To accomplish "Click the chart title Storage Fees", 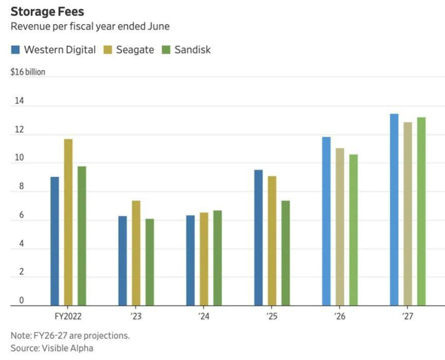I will [47, 11].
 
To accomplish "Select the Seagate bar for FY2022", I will [68, 222].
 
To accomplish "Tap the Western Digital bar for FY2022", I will [54, 241].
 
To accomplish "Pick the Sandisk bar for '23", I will [150, 262].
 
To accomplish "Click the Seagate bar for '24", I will [204, 259].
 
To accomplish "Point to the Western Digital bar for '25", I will [259, 238].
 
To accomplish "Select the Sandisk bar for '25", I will [285, 253].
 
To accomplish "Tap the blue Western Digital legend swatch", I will [15, 49].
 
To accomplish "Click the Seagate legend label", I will [135, 49].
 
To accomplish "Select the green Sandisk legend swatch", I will [166, 49].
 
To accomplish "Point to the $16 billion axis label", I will [28, 72].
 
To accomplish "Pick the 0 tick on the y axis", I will [21, 301].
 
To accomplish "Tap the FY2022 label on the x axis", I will [68, 316].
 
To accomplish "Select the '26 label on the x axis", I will [340, 316].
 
